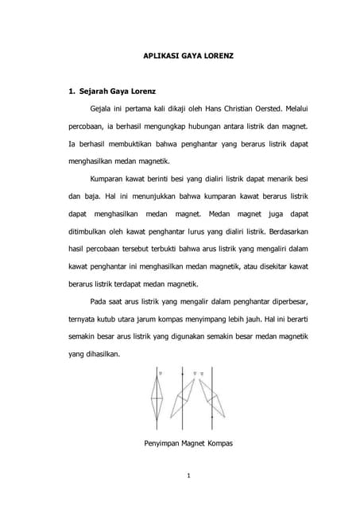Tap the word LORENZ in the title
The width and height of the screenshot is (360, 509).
[213, 58]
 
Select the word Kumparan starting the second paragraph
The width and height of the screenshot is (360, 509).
[111, 179]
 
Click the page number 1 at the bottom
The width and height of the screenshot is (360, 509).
[180, 476]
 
